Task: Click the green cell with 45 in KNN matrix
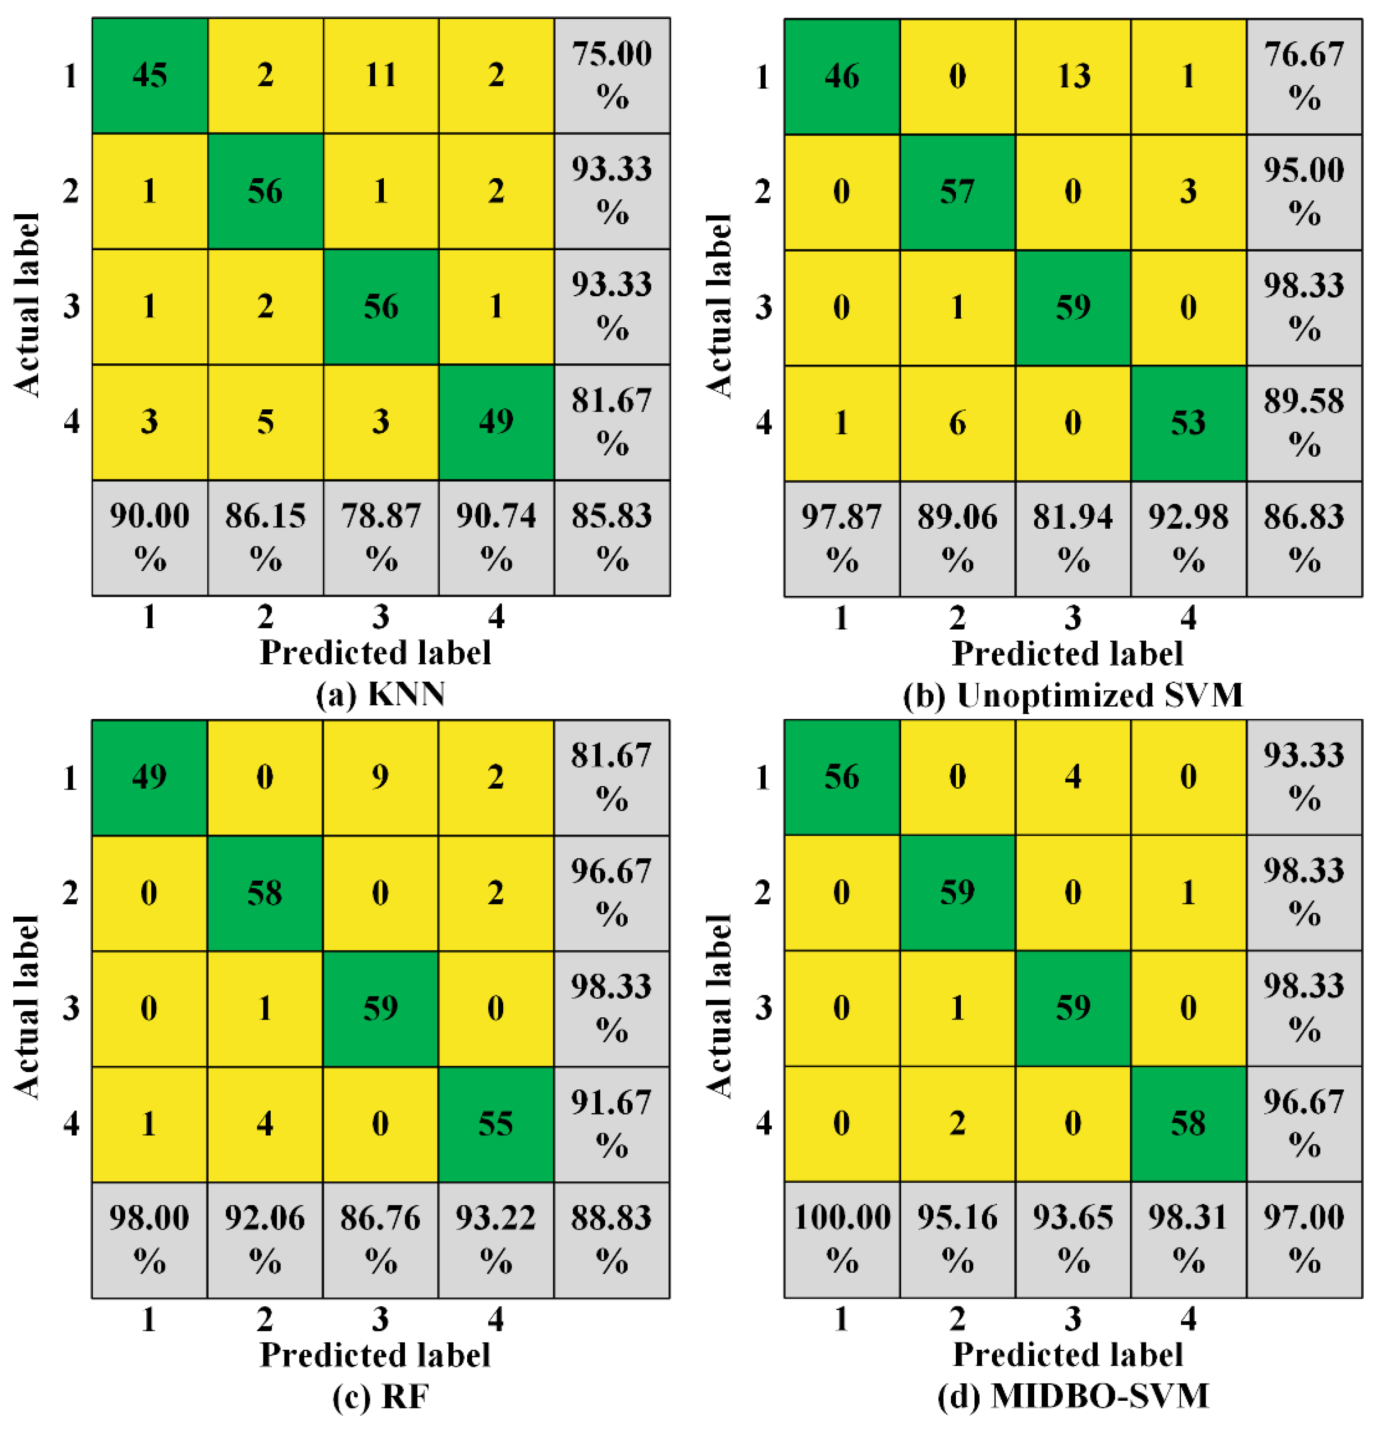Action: coord(150,75)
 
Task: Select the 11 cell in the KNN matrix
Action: coord(381,75)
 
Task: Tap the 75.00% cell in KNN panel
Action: coord(612,75)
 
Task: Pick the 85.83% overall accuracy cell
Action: coord(612,537)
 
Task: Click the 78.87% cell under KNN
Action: coord(381,537)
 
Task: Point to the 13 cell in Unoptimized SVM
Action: coord(1073,76)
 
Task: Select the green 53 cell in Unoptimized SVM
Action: coord(1188,423)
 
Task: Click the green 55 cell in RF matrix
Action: coord(495,1124)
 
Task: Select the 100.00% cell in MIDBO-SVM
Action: coord(842,1239)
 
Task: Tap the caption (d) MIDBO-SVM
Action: coord(1073,1395)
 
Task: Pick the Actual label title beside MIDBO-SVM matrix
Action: coord(719,1007)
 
